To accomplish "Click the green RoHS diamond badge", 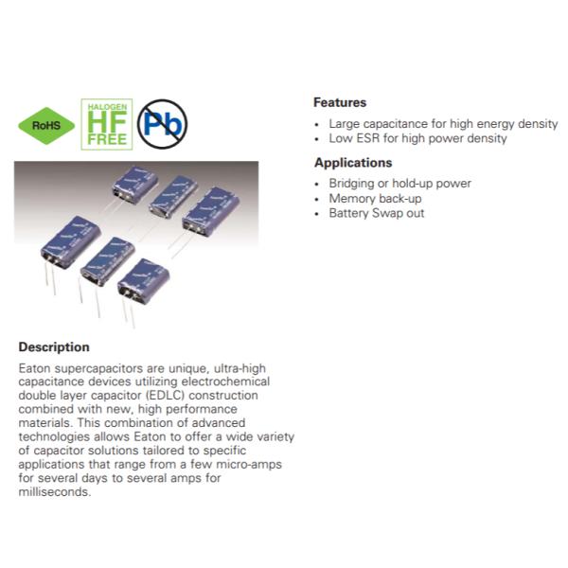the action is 46,126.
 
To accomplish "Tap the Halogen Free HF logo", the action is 107,124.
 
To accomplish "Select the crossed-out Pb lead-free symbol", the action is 162,124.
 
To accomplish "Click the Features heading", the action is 340,102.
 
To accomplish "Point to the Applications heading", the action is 353,163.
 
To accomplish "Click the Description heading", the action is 54,347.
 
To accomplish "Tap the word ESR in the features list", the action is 367,138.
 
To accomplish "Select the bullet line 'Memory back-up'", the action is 375,199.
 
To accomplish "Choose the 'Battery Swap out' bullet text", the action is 377,213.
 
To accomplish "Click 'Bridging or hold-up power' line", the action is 399,184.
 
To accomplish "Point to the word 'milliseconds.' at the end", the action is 55,492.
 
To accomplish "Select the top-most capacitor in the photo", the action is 134,184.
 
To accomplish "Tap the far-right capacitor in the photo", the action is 211,211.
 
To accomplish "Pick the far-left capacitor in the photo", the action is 71,242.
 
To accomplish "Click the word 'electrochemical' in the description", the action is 225,382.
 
